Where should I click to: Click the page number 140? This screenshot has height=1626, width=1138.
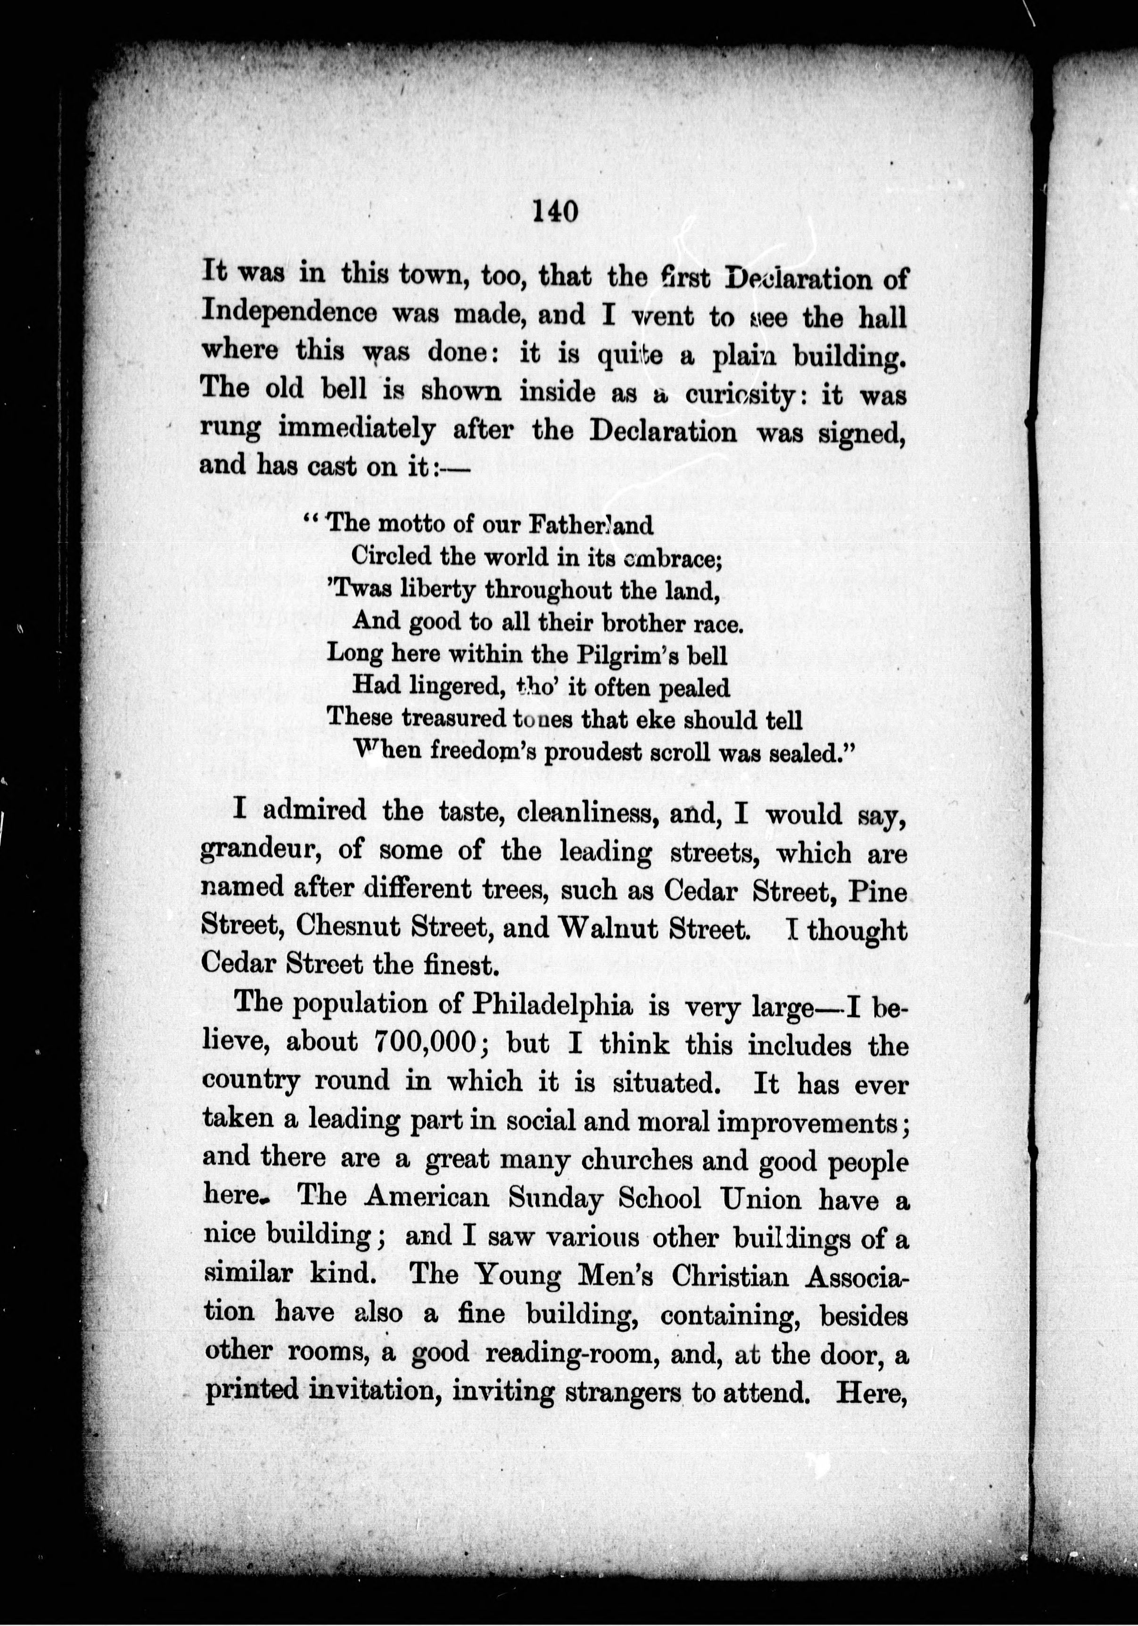click(554, 211)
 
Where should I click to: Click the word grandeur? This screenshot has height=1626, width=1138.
click(261, 852)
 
